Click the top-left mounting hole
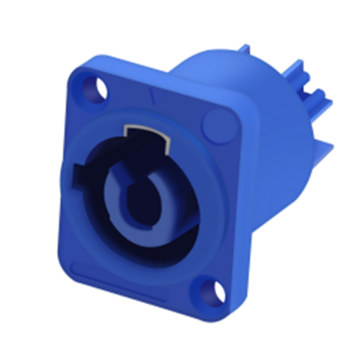click(x=94, y=90)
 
